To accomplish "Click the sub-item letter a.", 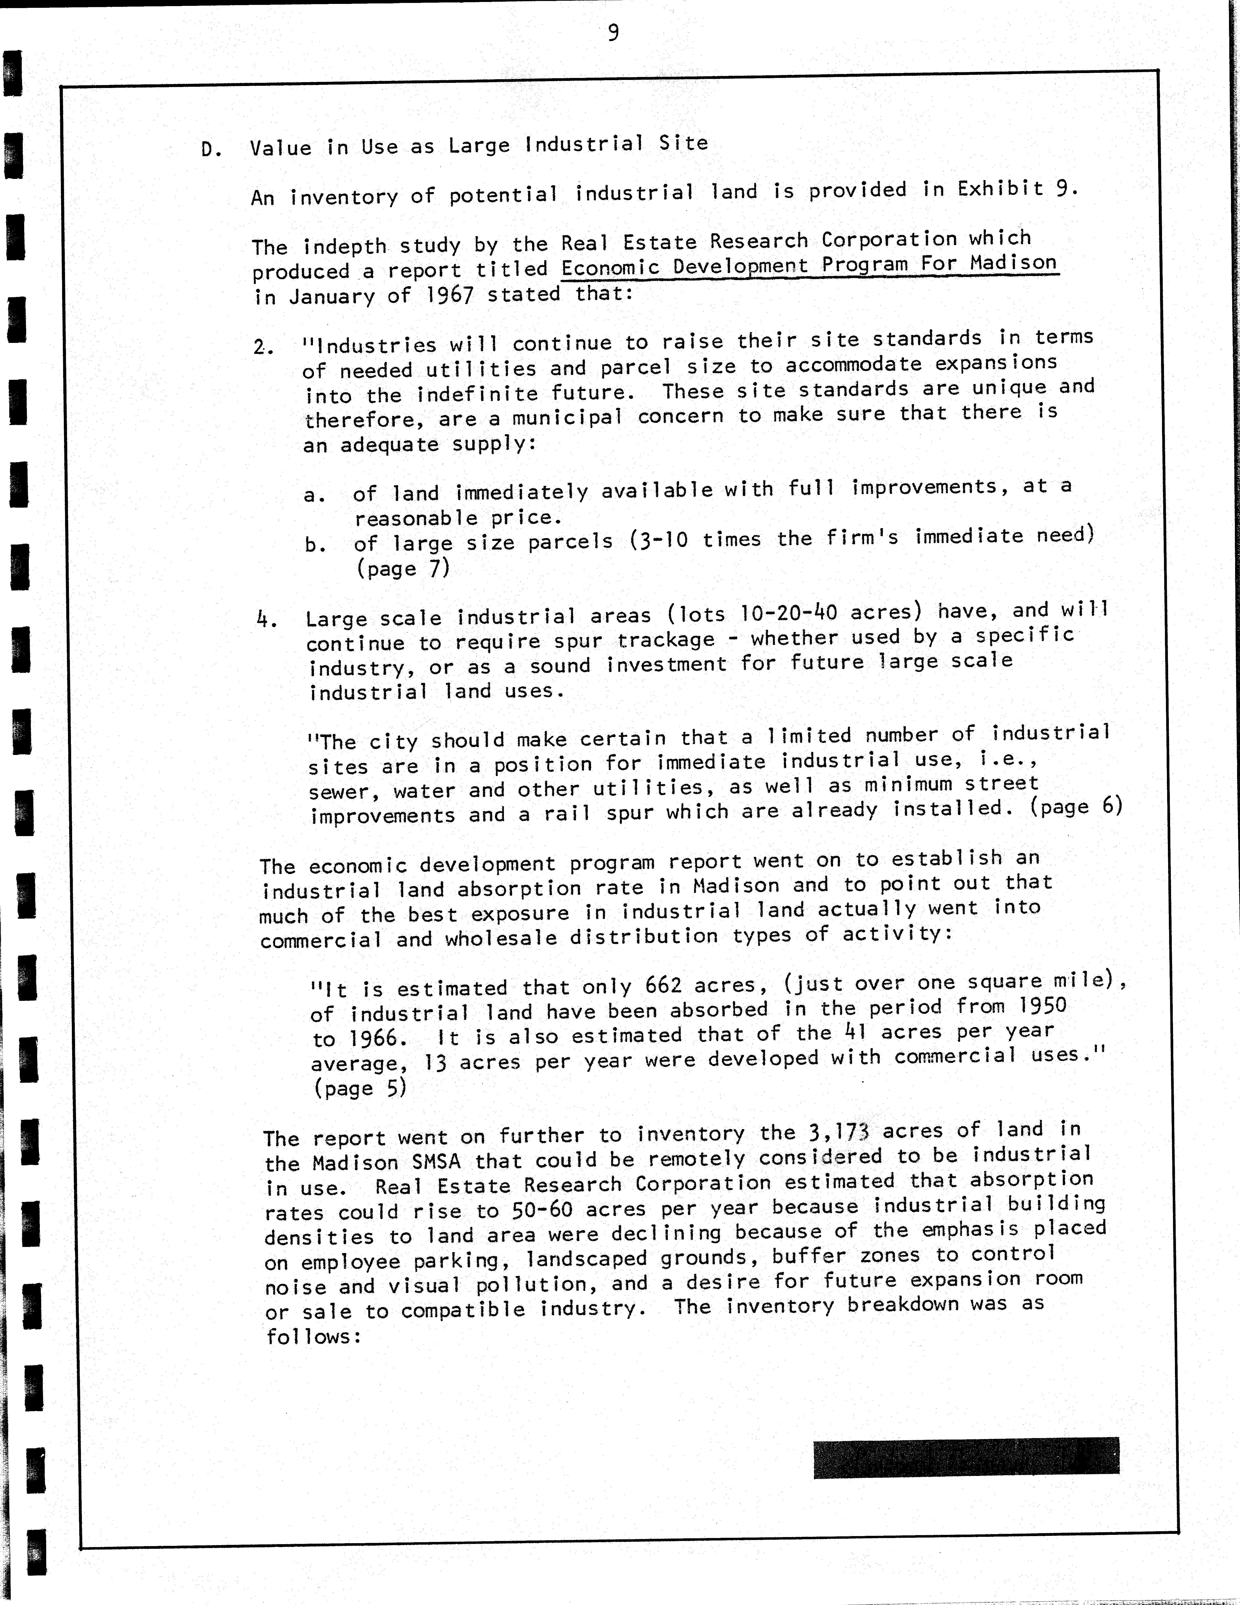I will click(x=314, y=495).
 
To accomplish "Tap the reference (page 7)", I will click(x=403, y=569).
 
